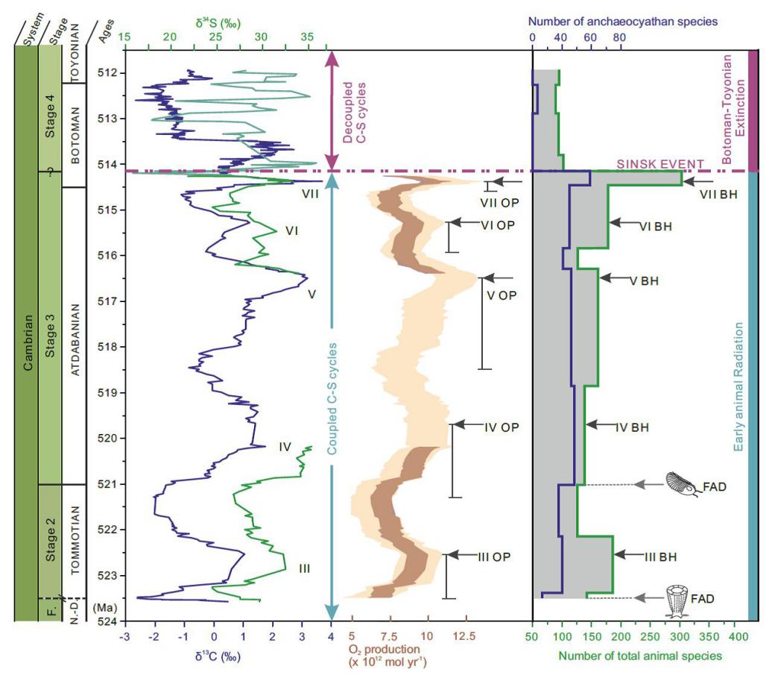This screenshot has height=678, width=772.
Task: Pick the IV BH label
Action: pos(633,428)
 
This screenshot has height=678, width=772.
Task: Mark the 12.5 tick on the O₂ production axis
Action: pos(466,637)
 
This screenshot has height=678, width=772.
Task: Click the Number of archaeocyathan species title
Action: pos(623,22)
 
